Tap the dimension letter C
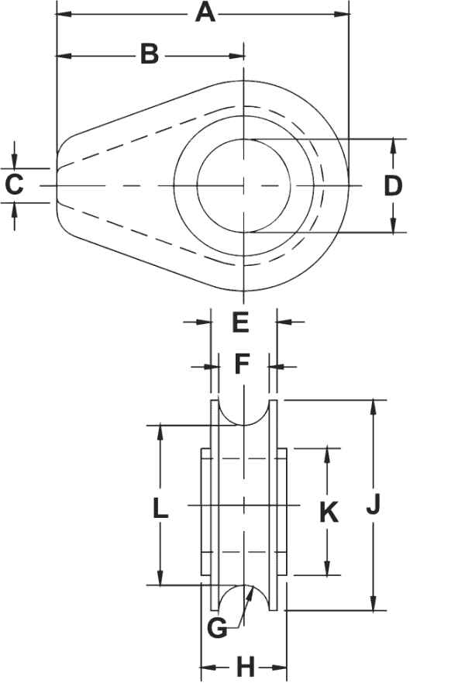[x=14, y=185]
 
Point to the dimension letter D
[x=393, y=186]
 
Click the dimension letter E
[x=240, y=321]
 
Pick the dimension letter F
[x=242, y=364]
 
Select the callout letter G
[x=218, y=626]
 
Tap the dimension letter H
[x=245, y=665]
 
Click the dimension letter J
[x=374, y=505]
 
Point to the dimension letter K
[x=329, y=512]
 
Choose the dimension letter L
[x=160, y=508]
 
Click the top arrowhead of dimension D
[x=394, y=143]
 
